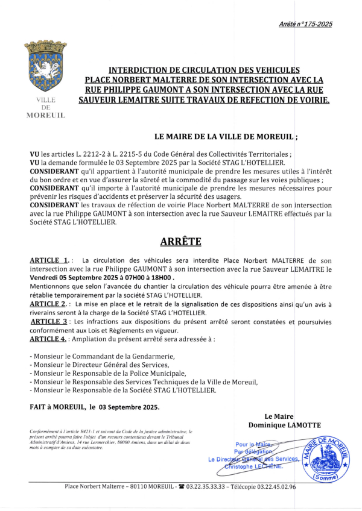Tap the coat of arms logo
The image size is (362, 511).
click(42, 66)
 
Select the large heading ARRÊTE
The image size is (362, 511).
click(180, 242)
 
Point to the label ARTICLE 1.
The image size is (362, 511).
click(51, 260)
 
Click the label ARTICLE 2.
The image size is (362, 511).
click(49, 304)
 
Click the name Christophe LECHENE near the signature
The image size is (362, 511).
click(261, 466)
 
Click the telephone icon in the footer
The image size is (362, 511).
click(181, 486)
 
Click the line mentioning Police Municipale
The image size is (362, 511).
click(109, 374)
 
